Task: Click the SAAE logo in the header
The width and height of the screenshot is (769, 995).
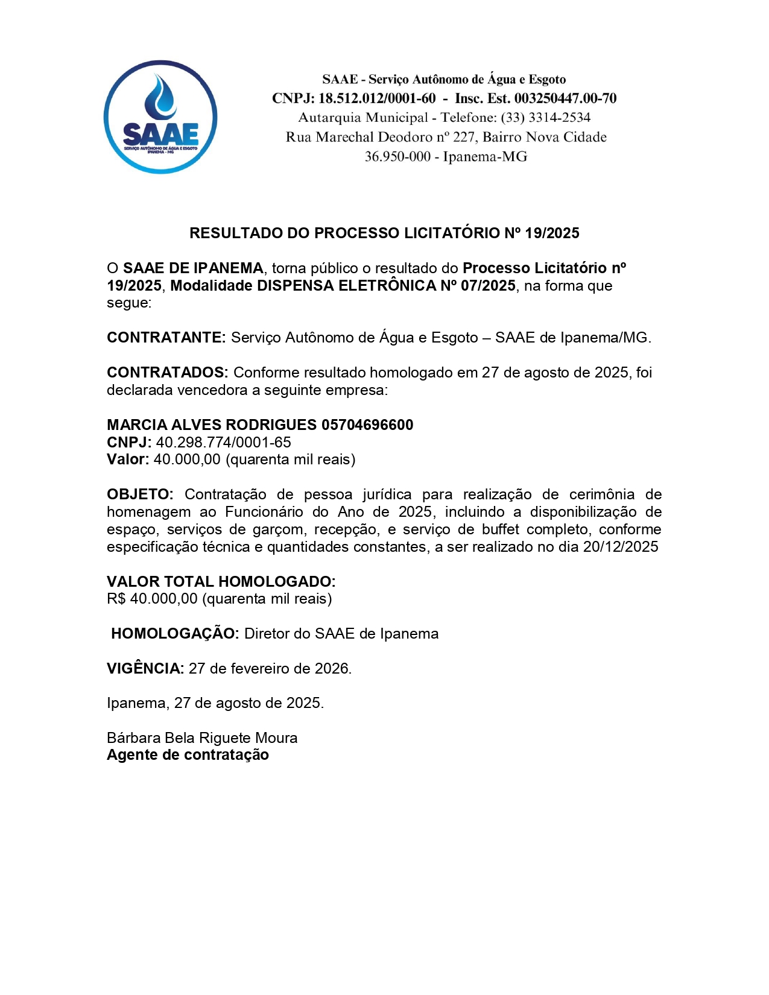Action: tap(160, 117)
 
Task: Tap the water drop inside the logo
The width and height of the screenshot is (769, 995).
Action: tap(160, 95)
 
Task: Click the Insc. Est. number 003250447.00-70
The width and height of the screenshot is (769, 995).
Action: tap(565, 98)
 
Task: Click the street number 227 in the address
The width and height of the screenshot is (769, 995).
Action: tap(464, 137)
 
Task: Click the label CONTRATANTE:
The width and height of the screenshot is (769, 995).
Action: tap(166, 338)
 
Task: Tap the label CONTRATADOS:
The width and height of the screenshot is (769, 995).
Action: tap(167, 373)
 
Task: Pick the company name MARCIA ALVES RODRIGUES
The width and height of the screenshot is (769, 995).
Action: tap(212, 425)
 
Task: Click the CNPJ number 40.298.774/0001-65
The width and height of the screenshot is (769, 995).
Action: tap(224, 443)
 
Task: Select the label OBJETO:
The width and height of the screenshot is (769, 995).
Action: tap(140, 495)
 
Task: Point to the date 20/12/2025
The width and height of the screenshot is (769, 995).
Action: tap(621, 548)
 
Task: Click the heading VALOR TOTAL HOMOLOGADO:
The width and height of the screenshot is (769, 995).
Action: tap(221, 582)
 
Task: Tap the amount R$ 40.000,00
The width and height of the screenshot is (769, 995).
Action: tap(152, 599)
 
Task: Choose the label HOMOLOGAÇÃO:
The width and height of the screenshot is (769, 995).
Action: tap(175, 634)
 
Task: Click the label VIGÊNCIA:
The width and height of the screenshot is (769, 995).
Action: tap(145, 669)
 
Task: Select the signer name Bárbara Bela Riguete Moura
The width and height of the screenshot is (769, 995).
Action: tap(202, 738)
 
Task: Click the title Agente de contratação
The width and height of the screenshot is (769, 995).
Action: tap(188, 756)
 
